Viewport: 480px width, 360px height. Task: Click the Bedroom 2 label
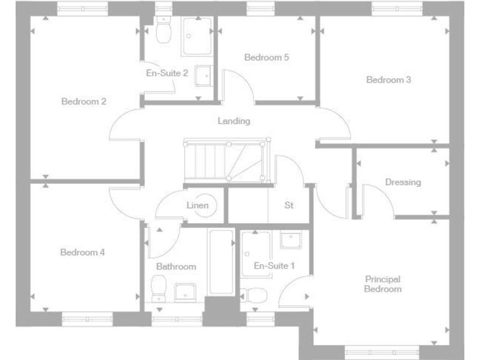(x=84, y=101)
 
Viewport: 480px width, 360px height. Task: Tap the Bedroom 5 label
(x=266, y=57)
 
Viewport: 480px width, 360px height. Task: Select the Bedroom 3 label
(x=388, y=80)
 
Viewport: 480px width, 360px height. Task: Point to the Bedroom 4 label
(x=82, y=252)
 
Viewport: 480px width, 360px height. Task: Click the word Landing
(x=234, y=121)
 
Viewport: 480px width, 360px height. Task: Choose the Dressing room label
(x=402, y=182)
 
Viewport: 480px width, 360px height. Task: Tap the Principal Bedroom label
(x=382, y=284)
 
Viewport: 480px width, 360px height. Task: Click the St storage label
(x=289, y=205)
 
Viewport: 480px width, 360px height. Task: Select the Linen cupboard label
(x=197, y=205)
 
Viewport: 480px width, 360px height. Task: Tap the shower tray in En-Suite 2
(x=197, y=35)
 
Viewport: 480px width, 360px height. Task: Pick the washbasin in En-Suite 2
(x=202, y=76)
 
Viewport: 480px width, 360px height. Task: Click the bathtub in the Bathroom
(x=220, y=262)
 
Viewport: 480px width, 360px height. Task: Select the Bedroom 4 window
(x=85, y=319)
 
